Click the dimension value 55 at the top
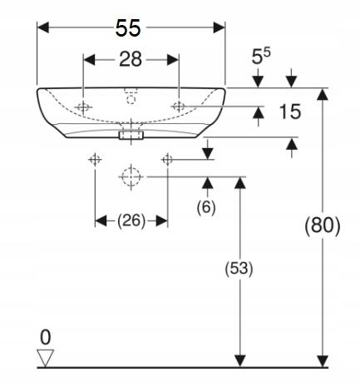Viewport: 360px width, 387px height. click(128, 28)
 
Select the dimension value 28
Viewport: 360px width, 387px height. click(131, 59)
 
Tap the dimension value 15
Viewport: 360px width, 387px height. click(290, 112)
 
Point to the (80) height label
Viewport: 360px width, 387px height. click(323, 225)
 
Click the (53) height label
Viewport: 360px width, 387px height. click(239, 269)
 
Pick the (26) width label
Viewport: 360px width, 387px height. click(131, 221)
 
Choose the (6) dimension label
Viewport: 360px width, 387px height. click(206, 207)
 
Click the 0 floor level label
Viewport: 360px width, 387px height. click(46, 338)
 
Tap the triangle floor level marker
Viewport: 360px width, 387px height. click(46, 358)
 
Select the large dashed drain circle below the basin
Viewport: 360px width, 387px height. click(131, 176)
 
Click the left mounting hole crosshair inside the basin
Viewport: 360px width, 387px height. click(83, 107)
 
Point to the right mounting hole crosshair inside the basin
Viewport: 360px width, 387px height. click(179, 107)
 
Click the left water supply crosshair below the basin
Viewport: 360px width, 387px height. click(95, 160)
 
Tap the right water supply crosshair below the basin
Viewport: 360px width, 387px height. click(167, 160)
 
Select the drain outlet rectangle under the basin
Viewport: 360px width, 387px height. click(131, 135)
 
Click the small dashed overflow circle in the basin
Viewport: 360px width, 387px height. click(131, 99)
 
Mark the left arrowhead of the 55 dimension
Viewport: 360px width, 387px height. click(43, 27)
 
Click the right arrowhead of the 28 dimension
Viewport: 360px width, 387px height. click(173, 59)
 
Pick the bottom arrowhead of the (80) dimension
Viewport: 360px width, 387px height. click(323, 361)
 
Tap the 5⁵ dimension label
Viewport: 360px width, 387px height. click(261, 57)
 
